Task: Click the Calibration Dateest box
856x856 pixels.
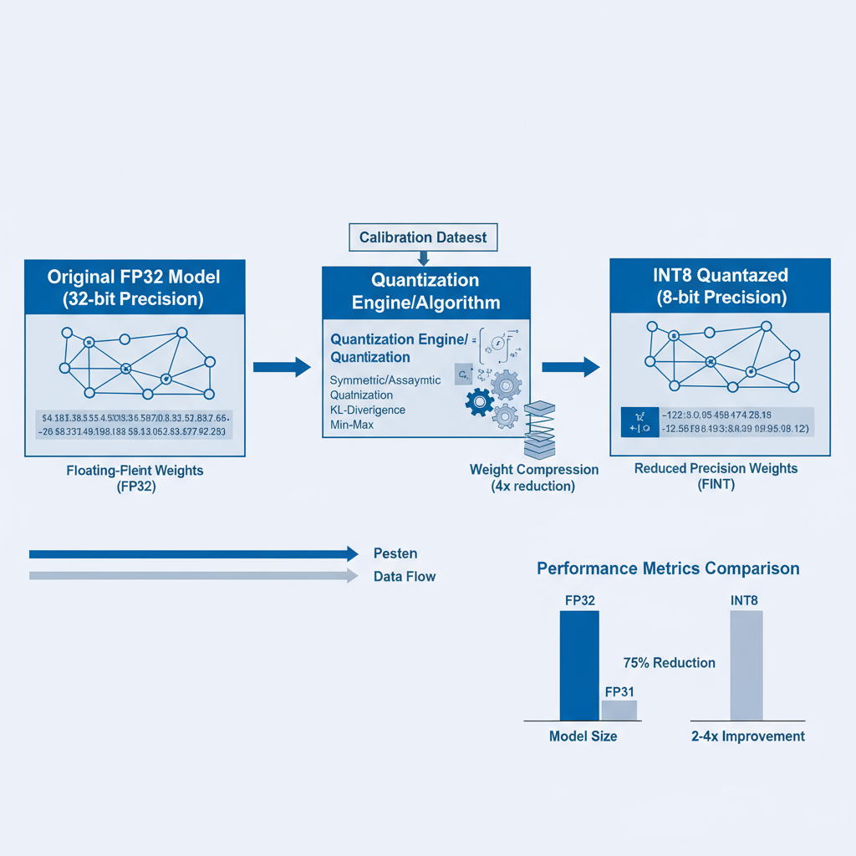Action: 422,237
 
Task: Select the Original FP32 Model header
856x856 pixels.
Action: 135,288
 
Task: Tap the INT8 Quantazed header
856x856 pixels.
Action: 720,285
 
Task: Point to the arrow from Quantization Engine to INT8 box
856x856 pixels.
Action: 570,366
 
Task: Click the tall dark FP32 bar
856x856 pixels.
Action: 578,665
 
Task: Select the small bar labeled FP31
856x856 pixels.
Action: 619,710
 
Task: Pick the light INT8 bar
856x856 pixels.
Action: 746,665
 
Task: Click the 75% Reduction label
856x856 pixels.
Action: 669,663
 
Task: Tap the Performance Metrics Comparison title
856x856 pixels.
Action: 668,568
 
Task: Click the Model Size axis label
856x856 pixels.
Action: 583,736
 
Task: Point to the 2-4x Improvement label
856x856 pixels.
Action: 748,736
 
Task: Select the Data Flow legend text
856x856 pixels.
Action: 405,577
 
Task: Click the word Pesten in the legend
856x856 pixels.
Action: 395,553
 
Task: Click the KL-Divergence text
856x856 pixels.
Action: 367,410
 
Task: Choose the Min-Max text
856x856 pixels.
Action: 352,425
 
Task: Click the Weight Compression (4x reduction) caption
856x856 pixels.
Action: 534,477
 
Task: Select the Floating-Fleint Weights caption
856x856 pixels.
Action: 135,478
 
